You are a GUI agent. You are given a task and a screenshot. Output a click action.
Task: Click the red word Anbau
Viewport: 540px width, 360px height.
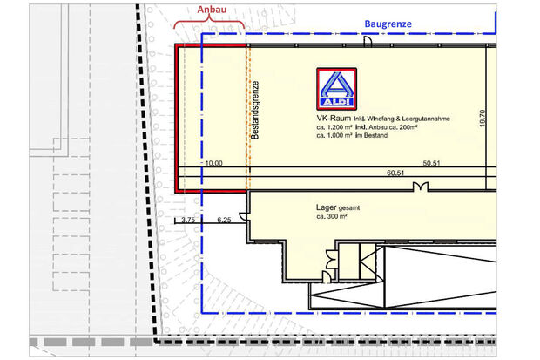[212, 10]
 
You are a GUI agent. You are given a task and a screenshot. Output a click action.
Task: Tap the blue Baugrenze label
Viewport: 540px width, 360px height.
[388, 24]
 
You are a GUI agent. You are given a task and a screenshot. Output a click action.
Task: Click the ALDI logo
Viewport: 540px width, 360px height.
[336, 89]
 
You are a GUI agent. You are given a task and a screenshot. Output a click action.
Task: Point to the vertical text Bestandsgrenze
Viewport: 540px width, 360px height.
[255, 110]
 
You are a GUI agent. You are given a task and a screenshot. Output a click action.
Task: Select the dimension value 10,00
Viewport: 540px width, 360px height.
[214, 163]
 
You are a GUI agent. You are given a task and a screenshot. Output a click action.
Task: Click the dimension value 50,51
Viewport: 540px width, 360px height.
[431, 163]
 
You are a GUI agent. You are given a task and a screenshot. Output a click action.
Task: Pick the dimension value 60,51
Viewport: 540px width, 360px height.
[395, 173]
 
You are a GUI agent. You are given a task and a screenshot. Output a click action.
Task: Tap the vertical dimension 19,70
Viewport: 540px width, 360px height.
[483, 119]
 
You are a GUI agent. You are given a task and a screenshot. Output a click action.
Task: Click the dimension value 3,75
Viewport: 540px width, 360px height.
[188, 220]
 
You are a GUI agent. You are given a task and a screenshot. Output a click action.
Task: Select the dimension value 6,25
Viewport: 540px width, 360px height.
[224, 220]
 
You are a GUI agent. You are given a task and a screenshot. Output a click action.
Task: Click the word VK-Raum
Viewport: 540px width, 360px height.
[334, 118]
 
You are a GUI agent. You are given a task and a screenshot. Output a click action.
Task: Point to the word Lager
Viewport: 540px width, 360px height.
[326, 207]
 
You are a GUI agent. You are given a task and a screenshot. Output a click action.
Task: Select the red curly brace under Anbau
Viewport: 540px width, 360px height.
[209, 23]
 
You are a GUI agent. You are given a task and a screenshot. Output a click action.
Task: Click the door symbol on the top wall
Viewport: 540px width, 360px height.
[368, 41]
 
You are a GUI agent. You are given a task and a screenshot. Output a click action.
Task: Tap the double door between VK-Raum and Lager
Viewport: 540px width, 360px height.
[421, 187]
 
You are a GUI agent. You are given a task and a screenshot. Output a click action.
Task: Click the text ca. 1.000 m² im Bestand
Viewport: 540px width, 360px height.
[352, 135]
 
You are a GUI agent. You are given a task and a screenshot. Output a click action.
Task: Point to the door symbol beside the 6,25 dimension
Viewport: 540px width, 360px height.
[243, 216]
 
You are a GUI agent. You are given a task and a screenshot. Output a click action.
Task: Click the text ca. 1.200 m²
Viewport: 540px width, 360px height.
[334, 127]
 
